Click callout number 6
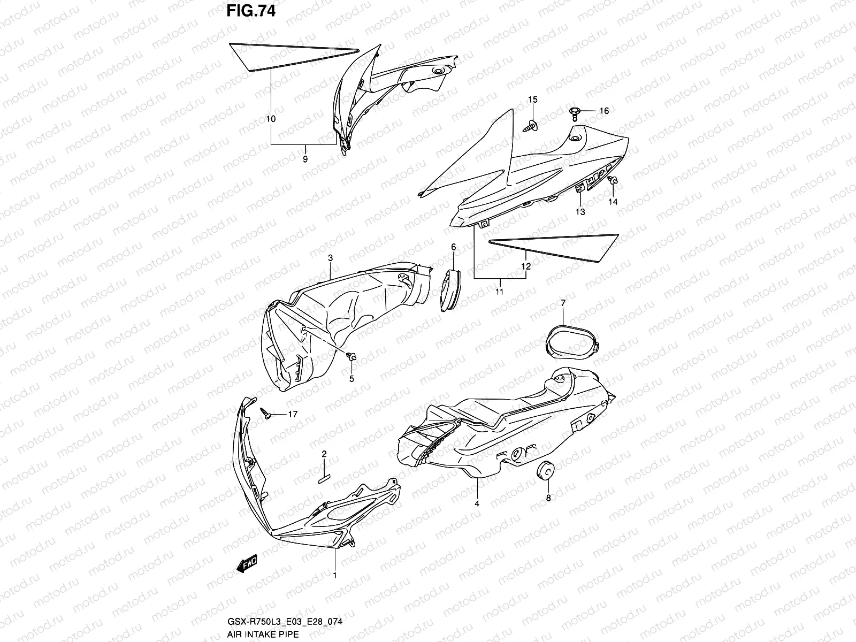point(453,247)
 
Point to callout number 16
point(604,111)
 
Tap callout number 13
point(580,212)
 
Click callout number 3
point(331,258)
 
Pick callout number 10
point(271,119)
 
